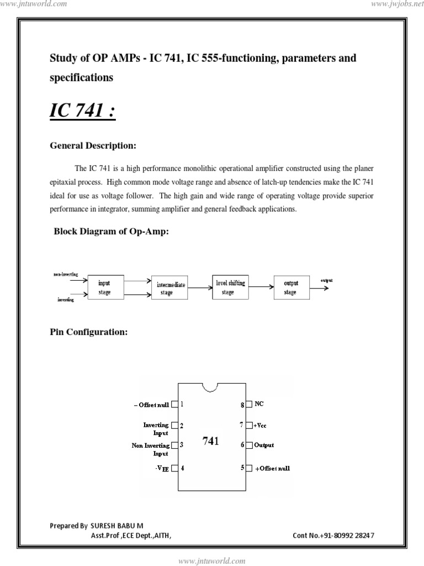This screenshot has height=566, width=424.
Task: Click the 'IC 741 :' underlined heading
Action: [x=83, y=111]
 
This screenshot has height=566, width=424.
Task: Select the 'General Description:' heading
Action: [x=93, y=146]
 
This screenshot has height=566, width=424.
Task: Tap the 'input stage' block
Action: [x=104, y=287]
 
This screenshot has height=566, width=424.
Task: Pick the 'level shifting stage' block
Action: [x=230, y=287]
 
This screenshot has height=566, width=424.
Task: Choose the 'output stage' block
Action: [x=290, y=287]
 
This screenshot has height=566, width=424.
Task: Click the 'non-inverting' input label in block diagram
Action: [x=66, y=274]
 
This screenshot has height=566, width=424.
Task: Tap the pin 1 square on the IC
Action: [x=174, y=405]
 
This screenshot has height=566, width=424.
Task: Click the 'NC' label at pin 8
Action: [x=259, y=404]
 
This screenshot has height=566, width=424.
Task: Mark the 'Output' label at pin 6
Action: [x=264, y=445]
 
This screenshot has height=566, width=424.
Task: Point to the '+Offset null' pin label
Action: [x=272, y=468]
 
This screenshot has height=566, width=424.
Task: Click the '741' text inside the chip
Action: [x=210, y=441]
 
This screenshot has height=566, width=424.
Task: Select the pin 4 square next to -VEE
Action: [x=174, y=468]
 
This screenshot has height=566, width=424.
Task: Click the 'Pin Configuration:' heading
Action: [x=89, y=332]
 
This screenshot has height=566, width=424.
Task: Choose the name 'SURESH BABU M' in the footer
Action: [x=116, y=526]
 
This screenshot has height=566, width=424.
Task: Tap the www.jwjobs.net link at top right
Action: [x=394, y=4]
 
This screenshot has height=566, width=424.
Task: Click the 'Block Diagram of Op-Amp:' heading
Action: [x=111, y=232]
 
